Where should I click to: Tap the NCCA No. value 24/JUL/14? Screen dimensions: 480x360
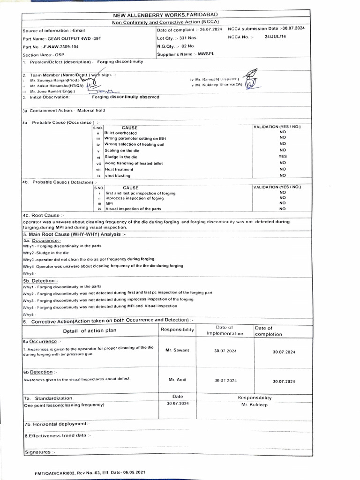click(275, 36)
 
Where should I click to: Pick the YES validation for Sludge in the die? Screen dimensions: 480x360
click(282, 157)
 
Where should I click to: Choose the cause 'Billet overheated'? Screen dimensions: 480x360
click(120, 133)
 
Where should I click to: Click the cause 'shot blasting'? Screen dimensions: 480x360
click(118, 175)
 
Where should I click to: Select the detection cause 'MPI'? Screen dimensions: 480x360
click(109, 204)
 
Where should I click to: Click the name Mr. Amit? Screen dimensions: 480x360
click(174, 379)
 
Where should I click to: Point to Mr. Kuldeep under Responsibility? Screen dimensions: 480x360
click(255, 405)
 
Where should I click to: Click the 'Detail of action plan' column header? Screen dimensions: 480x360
click(90, 331)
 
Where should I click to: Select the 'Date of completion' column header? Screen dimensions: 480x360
click(269, 331)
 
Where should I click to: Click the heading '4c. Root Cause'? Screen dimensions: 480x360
click(41, 215)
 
